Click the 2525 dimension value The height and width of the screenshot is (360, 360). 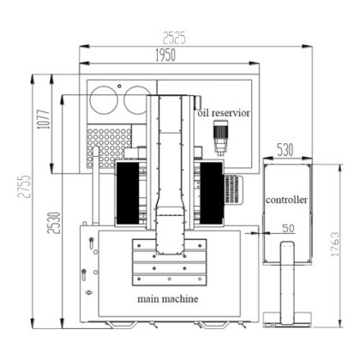(174, 38)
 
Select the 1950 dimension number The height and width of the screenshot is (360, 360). (165, 55)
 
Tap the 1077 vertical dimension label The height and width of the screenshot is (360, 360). (44, 119)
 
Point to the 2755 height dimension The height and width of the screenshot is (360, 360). (24, 186)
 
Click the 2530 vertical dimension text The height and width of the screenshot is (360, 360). (54, 223)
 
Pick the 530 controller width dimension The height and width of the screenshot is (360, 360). (285, 150)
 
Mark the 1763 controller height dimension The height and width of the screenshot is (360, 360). (335, 243)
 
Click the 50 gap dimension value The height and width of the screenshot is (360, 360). (288, 228)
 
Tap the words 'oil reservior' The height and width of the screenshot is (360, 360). (224, 113)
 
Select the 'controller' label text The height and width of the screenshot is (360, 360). (286, 200)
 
